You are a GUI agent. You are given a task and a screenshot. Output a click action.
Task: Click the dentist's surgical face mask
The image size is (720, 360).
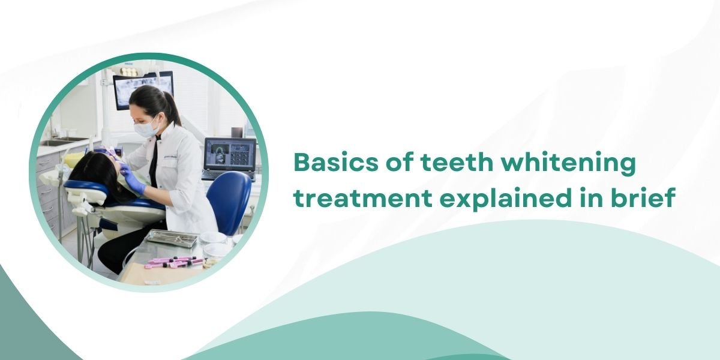146,128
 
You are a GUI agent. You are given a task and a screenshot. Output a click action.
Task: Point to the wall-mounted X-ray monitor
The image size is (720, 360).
143,89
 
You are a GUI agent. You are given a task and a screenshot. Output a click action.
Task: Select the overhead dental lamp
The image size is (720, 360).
128,71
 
